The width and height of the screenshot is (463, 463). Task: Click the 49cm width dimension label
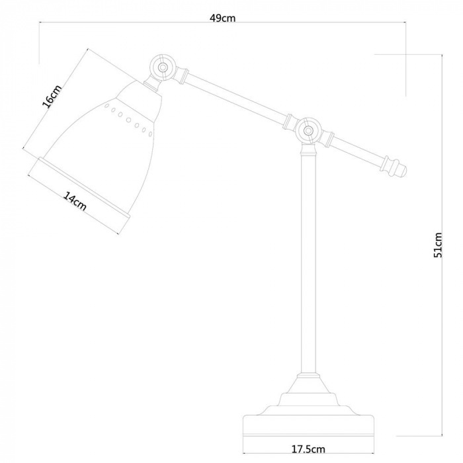(223, 18)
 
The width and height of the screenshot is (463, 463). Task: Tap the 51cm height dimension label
(438, 245)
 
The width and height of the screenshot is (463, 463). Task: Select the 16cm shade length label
(52, 97)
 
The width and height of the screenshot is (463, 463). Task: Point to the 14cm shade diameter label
(75, 201)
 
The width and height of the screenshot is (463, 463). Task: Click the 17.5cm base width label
(308, 449)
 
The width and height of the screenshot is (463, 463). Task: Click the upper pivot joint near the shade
(162, 67)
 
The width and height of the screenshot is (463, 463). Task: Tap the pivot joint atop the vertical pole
(309, 130)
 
